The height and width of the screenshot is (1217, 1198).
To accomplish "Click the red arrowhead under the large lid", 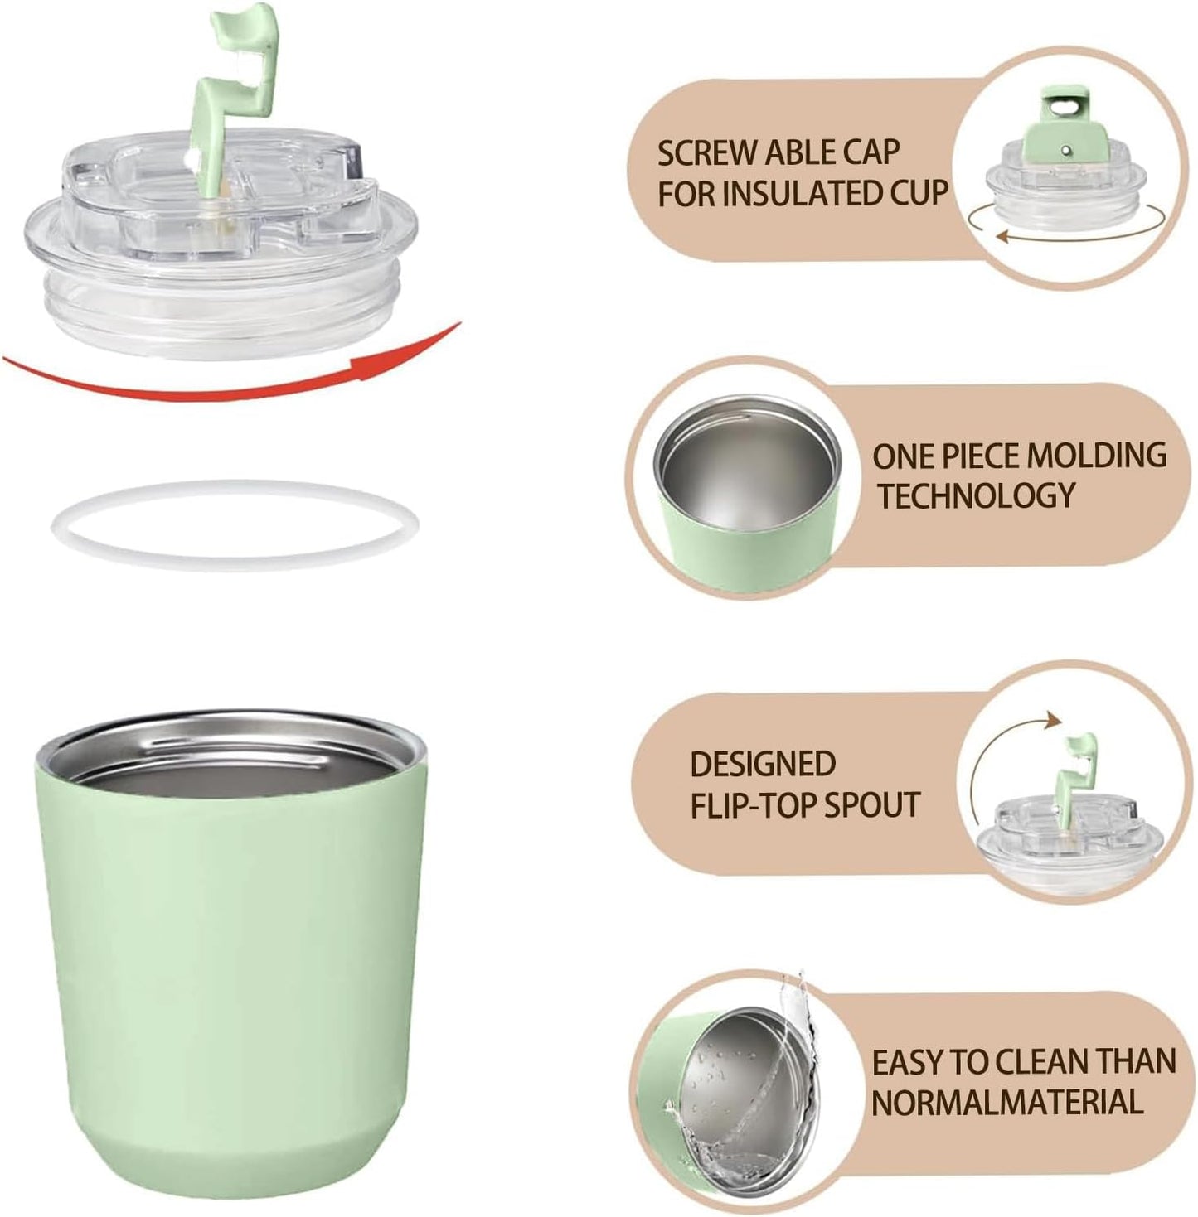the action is (x=430, y=350).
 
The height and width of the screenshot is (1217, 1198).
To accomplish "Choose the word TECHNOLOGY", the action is (x=976, y=495).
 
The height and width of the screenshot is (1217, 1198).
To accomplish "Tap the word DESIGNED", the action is (x=763, y=764).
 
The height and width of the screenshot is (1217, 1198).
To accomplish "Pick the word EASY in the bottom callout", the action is (x=908, y=1062).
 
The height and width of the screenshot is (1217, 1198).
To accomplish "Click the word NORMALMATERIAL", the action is (x=1007, y=1103).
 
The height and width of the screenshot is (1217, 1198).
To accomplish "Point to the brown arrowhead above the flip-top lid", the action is (x=1051, y=719).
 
